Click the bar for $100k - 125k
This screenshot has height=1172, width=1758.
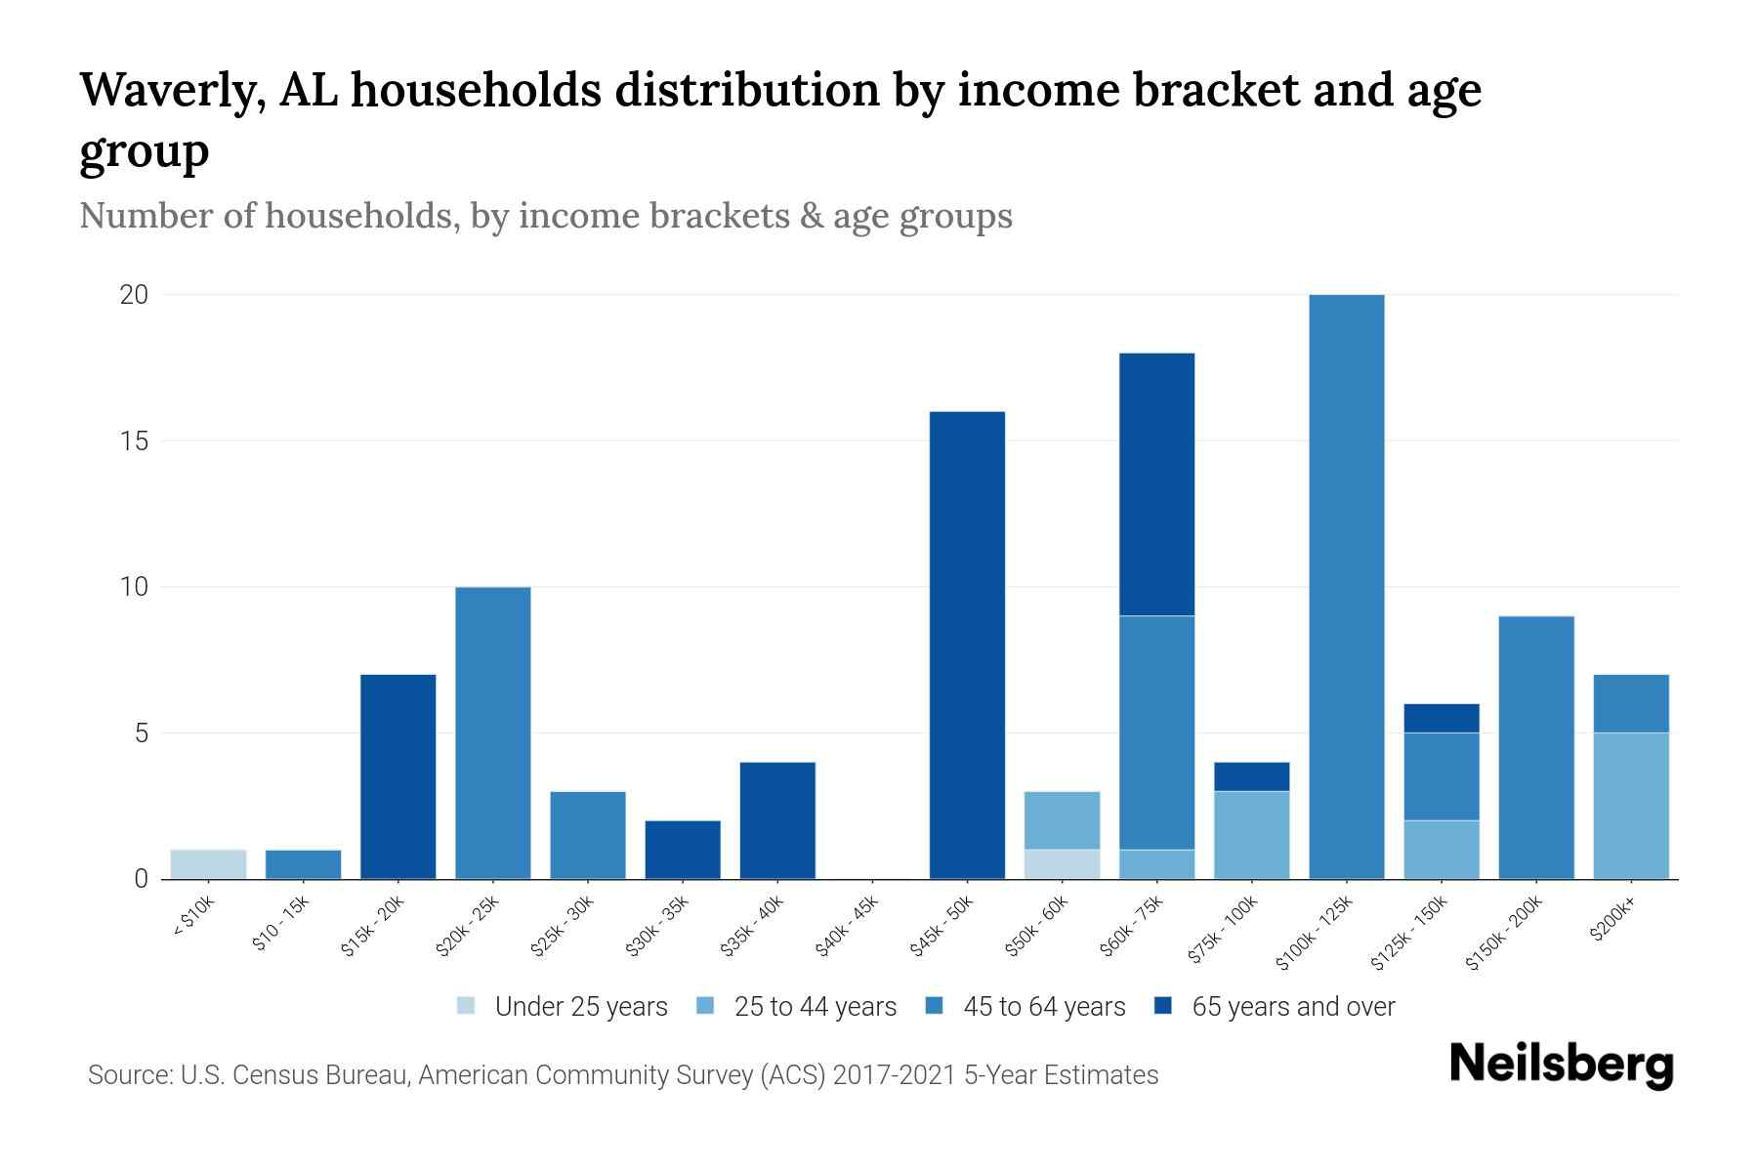click(1346, 586)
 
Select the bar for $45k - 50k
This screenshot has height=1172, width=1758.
click(967, 645)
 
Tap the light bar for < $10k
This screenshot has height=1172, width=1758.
click(208, 864)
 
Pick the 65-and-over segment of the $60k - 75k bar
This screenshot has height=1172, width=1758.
click(1156, 484)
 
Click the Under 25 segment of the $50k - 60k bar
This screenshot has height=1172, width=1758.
click(1062, 864)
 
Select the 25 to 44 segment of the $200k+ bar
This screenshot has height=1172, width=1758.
click(1630, 806)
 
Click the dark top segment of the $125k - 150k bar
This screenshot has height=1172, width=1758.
click(1441, 718)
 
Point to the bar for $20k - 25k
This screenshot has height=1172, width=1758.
click(493, 732)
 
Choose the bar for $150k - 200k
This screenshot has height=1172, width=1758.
click(1535, 747)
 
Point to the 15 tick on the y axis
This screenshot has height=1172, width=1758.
click(134, 441)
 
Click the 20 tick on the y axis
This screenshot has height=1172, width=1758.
click(134, 295)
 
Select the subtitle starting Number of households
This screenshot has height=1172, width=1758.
click(546, 216)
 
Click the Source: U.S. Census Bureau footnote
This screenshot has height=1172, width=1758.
click(623, 1075)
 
